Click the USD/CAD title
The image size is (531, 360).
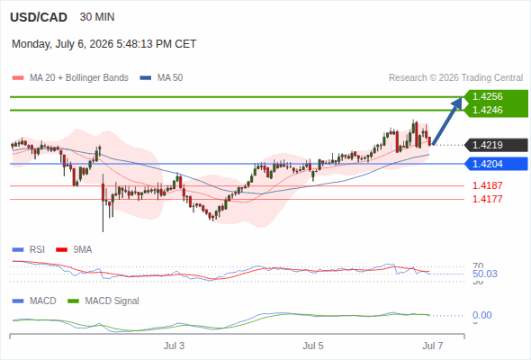click(x=39, y=17)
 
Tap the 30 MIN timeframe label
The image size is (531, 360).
click(x=97, y=17)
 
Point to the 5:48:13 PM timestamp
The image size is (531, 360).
click(x=144, y=44)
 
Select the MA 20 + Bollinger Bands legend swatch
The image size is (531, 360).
click(x=18, y=78)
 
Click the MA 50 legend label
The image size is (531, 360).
click(x=170, y=78)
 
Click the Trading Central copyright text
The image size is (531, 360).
click(x=455, y=78)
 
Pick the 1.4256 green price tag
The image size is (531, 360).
click(x=496, y=96)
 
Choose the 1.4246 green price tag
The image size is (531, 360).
click(x=496, y=110)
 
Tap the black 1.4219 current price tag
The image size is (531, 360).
click(x=496, y=145)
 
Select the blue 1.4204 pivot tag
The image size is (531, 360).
click(x=496, y=164)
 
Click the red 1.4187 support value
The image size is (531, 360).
click(x=487, y=185)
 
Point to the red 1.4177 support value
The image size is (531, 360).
click(x=487, y=199)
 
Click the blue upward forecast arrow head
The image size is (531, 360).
click(x=458, y=102)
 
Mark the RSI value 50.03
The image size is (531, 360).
click(x=485, y=274)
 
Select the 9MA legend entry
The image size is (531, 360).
click(x=74, y=250)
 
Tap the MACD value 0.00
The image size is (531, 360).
click(x=482, y=315)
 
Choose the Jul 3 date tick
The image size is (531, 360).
click(x=174, y=346)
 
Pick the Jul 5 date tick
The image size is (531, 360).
click(x=313, y=346)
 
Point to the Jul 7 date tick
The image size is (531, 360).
click(x=433, y=346)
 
